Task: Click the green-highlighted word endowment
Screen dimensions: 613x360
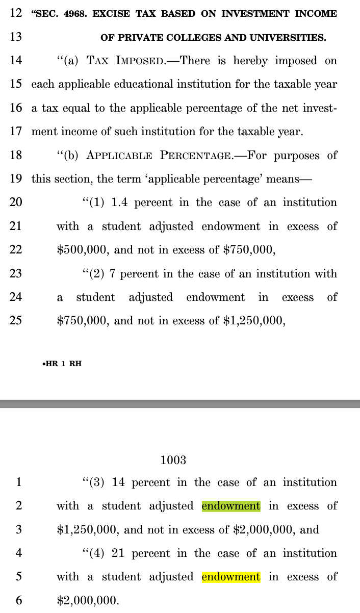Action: [x=231, y=506]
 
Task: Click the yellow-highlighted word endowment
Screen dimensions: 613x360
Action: [x=231, y=577]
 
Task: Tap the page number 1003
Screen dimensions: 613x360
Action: [x=173, y=460]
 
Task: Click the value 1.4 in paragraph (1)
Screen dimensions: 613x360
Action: [x=119, y=202]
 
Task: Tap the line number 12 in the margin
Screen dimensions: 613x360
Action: [x=16, y=13]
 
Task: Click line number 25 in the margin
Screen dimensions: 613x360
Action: [x=16, y=321]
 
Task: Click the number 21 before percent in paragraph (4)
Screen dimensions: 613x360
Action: [x=119, y=553]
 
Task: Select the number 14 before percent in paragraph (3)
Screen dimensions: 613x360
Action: [x=119, y=482]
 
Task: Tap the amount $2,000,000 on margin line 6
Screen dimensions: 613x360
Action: [x=87, y=600]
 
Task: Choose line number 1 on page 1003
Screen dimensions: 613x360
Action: [x=18, y=482]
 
